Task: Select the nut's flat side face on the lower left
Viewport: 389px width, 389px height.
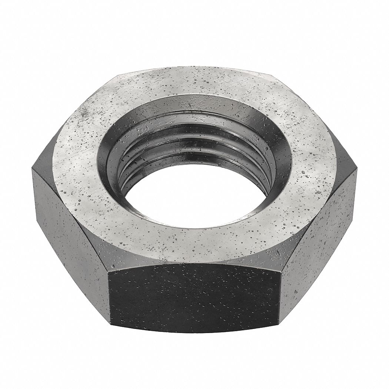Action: [x=70, y=237]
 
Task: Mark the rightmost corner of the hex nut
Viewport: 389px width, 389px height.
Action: [x=356, y=169]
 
